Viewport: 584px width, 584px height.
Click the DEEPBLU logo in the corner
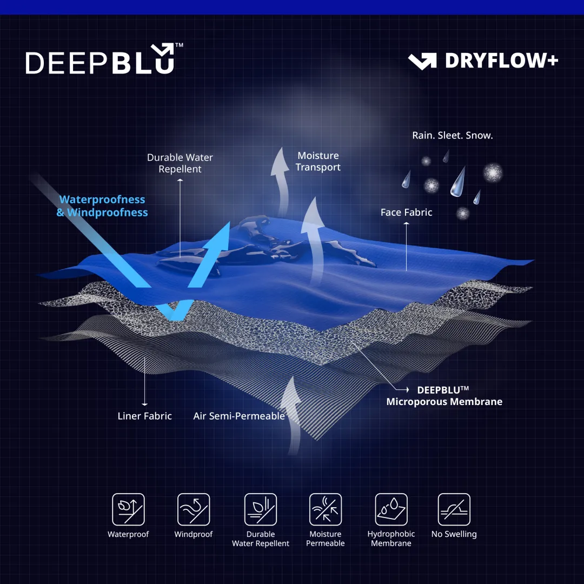click(x=104, y=58)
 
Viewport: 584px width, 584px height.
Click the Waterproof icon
click(x=129, y=509)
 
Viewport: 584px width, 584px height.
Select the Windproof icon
click(x=194, y=509)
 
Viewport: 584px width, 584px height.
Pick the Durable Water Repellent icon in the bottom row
click(x=261, y=509)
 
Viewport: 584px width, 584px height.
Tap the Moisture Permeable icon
click(x=326, y=509)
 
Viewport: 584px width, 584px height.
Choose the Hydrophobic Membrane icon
click(x=391, y=509)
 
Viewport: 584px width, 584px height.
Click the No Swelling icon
click(x=454, y=509)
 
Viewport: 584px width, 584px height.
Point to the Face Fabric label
click(x=406, y=213)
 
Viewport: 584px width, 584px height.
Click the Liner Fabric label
click(x=144, y=416)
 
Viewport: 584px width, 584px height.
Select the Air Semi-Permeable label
click(x=239, y=416)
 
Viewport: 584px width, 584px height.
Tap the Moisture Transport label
click(x=318, y=161)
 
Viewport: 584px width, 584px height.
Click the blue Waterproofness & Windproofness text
click(x=102, y=206)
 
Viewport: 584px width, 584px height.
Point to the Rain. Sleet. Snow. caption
click(x=453, y=135)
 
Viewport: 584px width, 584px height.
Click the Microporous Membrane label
click(x=444, y=401)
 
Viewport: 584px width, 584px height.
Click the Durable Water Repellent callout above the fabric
click(x=180, y=163)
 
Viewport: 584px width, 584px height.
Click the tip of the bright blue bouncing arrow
click(x=229, y=223)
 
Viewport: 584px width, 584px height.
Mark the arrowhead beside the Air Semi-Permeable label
click(x=293, y=377)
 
